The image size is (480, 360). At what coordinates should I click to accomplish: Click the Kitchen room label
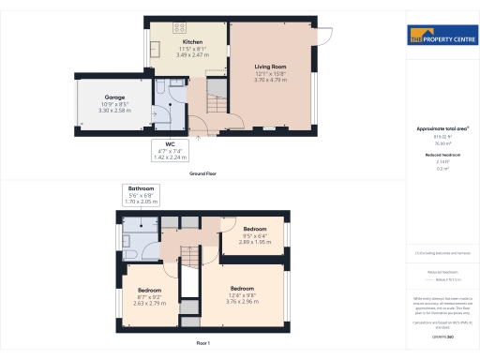tap(192, 42)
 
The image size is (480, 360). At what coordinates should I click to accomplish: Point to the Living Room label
tap(272, 67)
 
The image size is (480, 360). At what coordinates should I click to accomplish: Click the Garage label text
tap(114, 97)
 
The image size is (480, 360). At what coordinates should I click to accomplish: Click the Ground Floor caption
tap(203, 174)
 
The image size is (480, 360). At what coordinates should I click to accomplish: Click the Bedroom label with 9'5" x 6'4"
tap(255, 229)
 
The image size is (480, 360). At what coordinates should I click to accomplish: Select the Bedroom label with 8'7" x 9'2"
tap(150, 291)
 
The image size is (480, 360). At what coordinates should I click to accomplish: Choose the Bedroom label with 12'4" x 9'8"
tap(242, 288)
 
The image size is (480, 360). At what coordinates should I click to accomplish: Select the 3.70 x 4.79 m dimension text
tap(272, 81)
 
